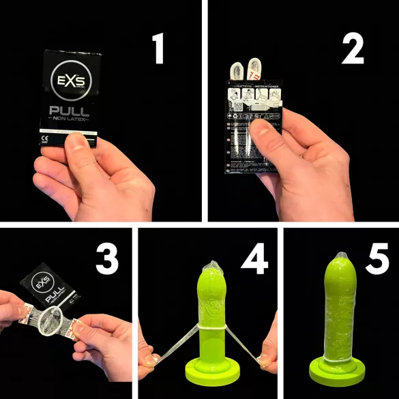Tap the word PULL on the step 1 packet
pyautogui.click(x=72, y=113)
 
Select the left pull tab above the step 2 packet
pyautogui.click(x=236, y=70)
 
